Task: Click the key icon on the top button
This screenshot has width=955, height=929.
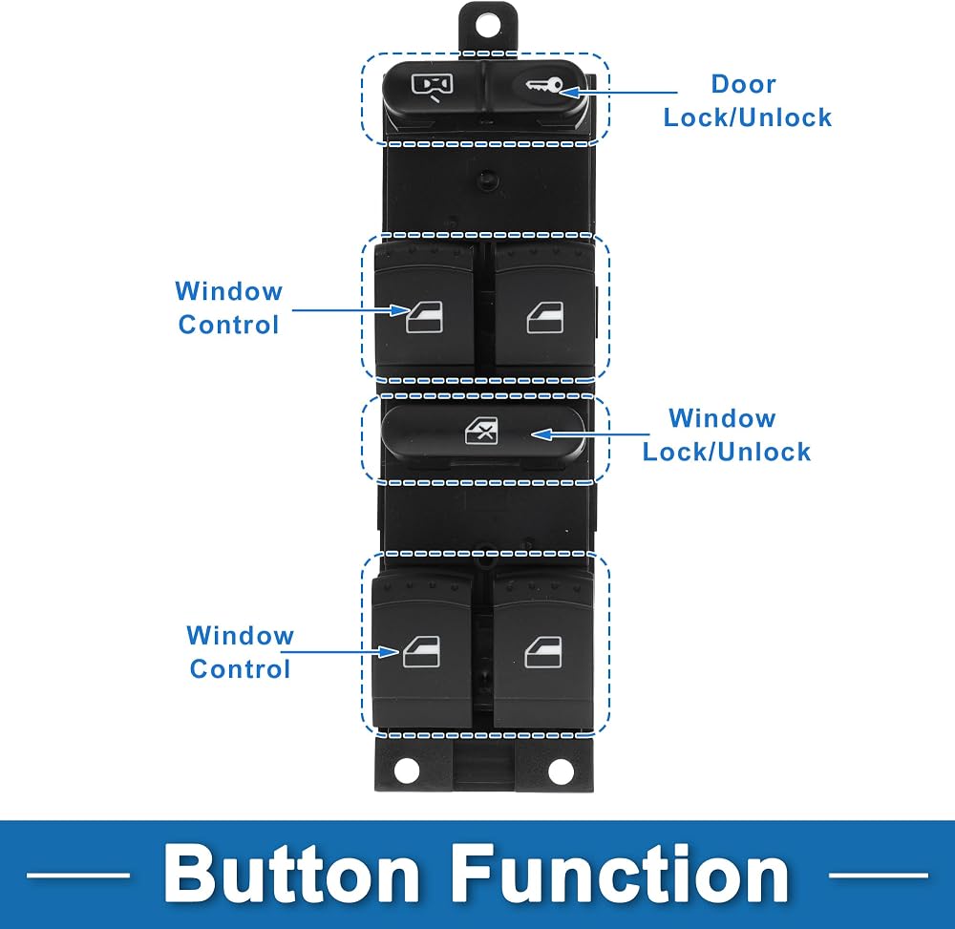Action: click(544, 86)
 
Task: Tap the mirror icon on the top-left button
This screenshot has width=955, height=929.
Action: click(433, 87)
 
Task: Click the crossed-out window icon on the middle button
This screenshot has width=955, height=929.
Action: click(481, 431)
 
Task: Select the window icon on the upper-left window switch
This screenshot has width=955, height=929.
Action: click(425, 317)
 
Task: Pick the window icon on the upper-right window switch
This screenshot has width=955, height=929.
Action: click(545, 317)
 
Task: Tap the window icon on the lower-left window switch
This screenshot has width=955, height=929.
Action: click(421, 652)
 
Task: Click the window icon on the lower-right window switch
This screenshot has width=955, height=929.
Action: click(543, 652)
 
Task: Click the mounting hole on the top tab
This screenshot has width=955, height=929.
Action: click(487, 26)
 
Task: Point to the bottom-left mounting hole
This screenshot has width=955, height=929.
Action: click(407, 771)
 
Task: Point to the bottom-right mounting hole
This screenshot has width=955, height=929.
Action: click(561, 771)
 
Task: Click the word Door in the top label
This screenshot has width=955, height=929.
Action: click(744, 84)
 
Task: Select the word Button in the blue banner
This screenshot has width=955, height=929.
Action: click(291, 875)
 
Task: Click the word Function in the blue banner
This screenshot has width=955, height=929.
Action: click(620, 875)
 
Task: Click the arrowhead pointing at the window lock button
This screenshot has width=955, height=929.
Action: click(542, 434)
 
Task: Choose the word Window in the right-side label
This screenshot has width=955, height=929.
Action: click(722, 418)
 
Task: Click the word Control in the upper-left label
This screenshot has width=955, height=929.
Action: click(228, 325)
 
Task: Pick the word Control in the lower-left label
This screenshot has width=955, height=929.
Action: click(240, 669)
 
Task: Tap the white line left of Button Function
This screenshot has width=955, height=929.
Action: click(78, 876)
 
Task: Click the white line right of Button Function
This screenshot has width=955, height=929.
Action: click(879, 876)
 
